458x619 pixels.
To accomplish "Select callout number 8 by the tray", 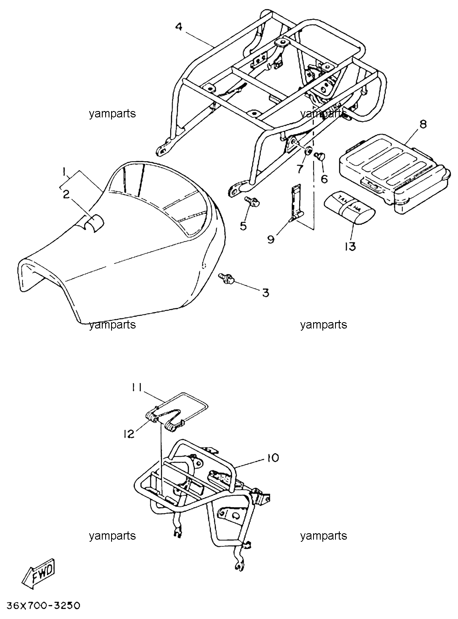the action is point(423,124).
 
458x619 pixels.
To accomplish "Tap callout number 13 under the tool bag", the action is point(350,247).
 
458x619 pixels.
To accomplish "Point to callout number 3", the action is point(266,293).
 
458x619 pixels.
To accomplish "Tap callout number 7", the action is point(300,169).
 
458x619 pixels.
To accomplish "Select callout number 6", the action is point(324,179).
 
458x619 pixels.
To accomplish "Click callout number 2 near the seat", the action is point(66,195).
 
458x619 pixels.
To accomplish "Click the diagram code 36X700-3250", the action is point(43,604).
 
